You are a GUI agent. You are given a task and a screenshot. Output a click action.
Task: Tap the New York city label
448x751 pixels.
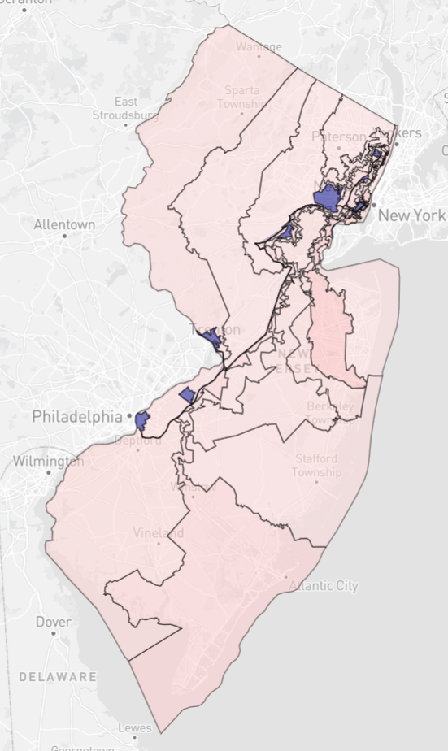pyautogui.click(x=411, y=215)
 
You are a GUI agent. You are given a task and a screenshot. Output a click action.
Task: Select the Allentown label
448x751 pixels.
pyautogui.click(x=64, y=224)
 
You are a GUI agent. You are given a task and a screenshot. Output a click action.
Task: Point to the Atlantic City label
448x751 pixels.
pyautogui.click(x=324, y=586)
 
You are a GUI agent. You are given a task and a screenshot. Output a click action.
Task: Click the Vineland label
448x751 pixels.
pyautogui.click(x=159, y=533)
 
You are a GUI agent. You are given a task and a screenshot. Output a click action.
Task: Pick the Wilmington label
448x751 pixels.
pyautogui.click(x=48, y=462)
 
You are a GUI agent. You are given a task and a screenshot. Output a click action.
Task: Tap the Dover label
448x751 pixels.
pyautogui.click(x=54, y=622)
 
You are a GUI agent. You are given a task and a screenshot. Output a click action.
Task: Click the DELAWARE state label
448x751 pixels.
pyautogui.click(x=58, y=676)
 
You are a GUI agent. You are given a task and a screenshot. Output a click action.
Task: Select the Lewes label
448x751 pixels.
pyautogui.click(x=135, y=728)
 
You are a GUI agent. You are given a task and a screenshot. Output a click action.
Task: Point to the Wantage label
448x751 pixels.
pyautogui.click(x=259, y=46)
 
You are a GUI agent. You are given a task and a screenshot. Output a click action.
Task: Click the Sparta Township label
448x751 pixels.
pyautogui.click(x=241, y=97)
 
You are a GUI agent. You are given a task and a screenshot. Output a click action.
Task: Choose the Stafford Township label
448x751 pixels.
pyautogui.click(x=316, y=465)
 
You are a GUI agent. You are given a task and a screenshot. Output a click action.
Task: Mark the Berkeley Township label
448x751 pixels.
pyautogui.click(x=330, y=412)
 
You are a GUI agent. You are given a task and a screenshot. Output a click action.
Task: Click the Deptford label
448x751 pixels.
pyautogui.click(x=137, y=440)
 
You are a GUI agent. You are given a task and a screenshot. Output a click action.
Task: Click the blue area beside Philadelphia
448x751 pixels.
pyautogui.click(x=142, y=419)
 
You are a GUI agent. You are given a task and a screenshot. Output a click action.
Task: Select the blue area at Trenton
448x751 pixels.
pyautogui.click(x=213, y=338)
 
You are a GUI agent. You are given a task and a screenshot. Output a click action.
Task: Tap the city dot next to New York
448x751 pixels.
pyautogui.click(x=373, y=206)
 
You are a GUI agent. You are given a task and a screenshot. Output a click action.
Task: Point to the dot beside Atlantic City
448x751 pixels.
pyautogui.click(x=285, y=578)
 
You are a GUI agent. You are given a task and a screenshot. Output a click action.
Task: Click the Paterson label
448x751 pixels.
pyautogui.click(x=340, y=137)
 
